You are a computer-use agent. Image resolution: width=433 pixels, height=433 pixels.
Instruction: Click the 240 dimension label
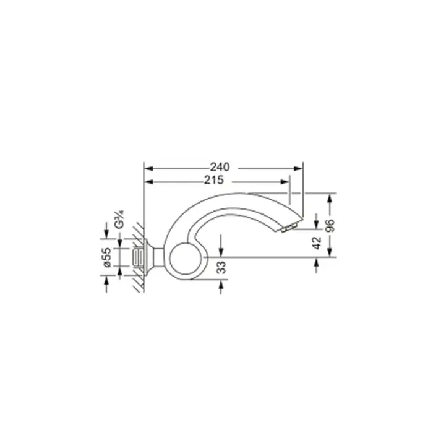tap(220, 168)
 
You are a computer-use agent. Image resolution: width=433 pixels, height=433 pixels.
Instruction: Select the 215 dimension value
tap(214, 181)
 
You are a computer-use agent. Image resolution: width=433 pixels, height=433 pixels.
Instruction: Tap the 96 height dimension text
tap(330, 226)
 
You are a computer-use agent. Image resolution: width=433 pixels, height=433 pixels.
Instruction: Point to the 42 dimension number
tap(317, 242)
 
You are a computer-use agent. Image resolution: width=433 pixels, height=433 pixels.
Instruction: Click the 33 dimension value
tap(221, 267)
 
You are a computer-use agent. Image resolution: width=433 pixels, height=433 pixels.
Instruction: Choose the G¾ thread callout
tap(119, 220)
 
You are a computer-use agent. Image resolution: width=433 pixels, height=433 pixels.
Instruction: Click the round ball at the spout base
tap(186, 259)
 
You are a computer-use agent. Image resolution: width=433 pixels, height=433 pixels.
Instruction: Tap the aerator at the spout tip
tap(289, 228)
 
